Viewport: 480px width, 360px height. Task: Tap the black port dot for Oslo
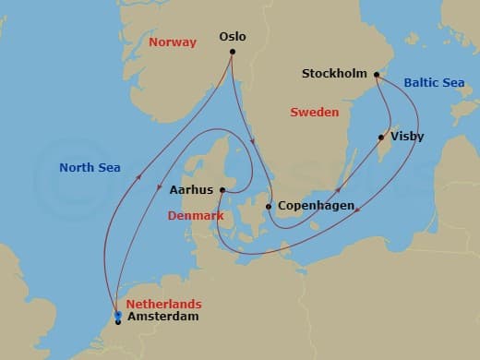point(233,52)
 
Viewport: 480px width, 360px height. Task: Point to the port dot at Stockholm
point(377,74)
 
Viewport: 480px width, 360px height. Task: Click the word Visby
point(408,137)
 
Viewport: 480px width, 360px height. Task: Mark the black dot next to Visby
point(381,138)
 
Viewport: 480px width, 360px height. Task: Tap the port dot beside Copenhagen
point(269,207)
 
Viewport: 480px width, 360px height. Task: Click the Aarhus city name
point(192,189)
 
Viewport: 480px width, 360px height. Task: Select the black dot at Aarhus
point(222,190)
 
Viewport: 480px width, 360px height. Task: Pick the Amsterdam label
point(162,317)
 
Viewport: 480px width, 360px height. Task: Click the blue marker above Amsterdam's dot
point(118,314)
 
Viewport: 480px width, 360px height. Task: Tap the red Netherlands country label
point(163,304)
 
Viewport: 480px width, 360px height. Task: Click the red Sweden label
point(314,112)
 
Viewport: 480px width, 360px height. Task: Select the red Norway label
point(173,42)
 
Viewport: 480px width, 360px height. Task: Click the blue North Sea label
point(90,167)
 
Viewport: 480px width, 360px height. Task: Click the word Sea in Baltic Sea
point(452,83)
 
